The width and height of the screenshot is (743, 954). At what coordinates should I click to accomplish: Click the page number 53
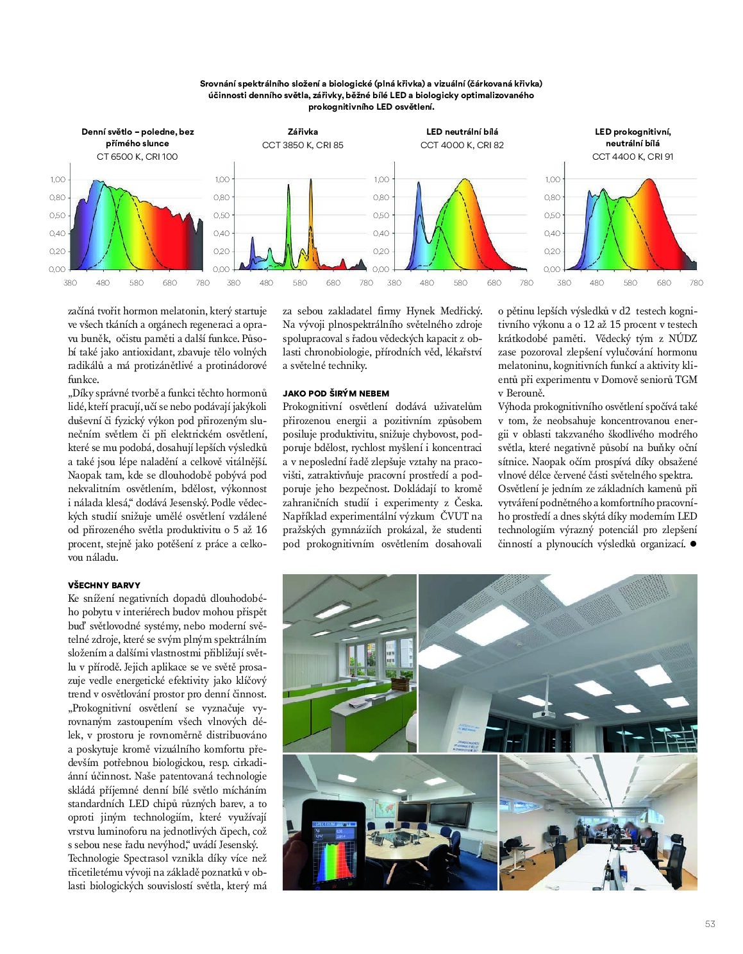click(710, 924)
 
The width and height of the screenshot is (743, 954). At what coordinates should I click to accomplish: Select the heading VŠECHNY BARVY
click(104, 585)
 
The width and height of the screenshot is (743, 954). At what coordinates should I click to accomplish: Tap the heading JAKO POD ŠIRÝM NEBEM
click(336, 393)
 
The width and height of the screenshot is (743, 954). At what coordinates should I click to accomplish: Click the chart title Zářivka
click(303, 132)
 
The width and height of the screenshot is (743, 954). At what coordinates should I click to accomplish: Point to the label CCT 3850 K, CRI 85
click(303, 145)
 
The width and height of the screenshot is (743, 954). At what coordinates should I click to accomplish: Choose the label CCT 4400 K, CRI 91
click(633, 157)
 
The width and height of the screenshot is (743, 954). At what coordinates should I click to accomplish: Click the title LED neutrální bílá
click(462, 132)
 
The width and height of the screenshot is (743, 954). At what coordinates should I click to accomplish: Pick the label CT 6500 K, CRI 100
click(137, 157)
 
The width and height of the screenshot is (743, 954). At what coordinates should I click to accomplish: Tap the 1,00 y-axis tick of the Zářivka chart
click(222, 180)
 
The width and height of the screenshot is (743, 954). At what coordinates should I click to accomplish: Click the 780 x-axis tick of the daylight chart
click(203, 283)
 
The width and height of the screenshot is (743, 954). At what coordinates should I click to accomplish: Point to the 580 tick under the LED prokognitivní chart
click(630, 283)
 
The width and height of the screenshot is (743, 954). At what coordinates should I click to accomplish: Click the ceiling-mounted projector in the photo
click(543, 712)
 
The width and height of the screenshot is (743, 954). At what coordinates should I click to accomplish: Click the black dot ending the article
click(694, 544)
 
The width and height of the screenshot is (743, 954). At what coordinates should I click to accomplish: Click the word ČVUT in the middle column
click(452, 516)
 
